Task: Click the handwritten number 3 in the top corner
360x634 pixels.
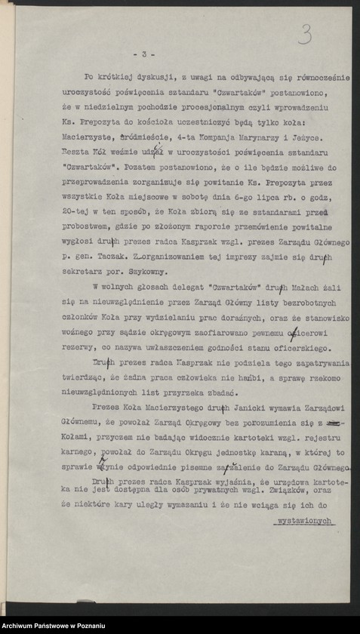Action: click(x=306, y=33)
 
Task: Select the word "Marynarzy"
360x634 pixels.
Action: click(x=253, y=137)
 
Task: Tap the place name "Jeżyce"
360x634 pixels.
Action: click(x=304, y=137)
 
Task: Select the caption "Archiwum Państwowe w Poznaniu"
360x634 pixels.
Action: click(x=54, y=626)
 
